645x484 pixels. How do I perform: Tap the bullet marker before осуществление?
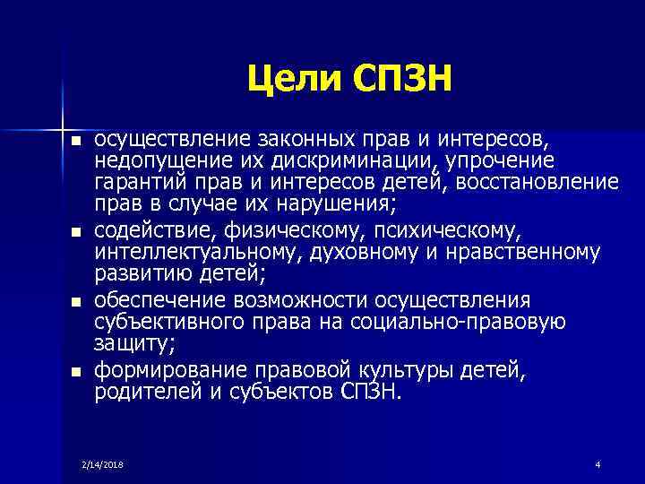(x=76, y=143)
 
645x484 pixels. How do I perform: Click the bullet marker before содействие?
(x=76, y=233)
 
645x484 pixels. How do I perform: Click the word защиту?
(x=133, y=344)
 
